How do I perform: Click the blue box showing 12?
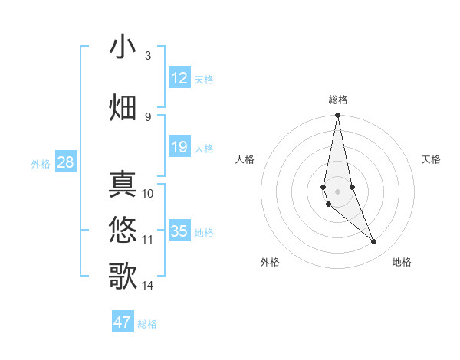pyautogui.click(x=179, y=78)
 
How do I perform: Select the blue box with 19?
pyautogui.click(x=179, y=147)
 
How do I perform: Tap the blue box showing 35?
pyautogui.click(x=179, y=231)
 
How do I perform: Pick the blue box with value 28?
pyautogui.click(x=65, y=162)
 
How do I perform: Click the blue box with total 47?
pyautogui.click(x=123, y=322)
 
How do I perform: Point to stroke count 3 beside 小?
pyautogui.click(x=147, y=56)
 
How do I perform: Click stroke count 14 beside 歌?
pyautogui.click(x=148, y=286)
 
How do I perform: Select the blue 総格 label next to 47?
pyautogui.click(x=147, y=324)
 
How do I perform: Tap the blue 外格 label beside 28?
pyautogui.click(x=41, y=164)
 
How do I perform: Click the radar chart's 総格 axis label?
pyautogui.click(x=338, y=100)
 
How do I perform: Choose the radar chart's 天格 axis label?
pyautogui.click(x=432, y=159)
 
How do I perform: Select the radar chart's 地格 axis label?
pyautogui.click(x=402, y=263)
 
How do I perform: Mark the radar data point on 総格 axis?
pyautogui.click(x=338, y=116)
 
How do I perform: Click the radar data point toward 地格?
pyautogui.click(x=374, y=242)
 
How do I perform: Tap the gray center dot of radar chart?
pyautogui.click(x=338, y=191)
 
